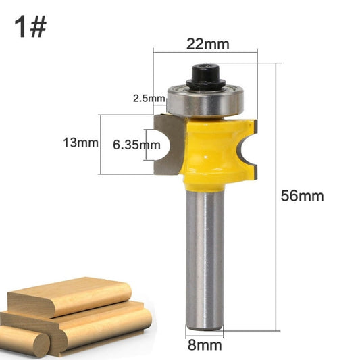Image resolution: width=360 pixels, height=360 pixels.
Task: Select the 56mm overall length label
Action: [x=303, y=197]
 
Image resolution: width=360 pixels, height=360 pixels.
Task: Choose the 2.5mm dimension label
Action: [x=149, y=99]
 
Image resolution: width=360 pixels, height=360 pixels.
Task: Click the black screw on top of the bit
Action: [x=205, y=75]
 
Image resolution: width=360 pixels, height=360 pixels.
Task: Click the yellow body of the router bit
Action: [x=209, y=152]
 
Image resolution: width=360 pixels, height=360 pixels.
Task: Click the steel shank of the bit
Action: [x=205, y=257]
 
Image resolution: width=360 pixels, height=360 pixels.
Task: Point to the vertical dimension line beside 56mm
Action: [x=277, y=197]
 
